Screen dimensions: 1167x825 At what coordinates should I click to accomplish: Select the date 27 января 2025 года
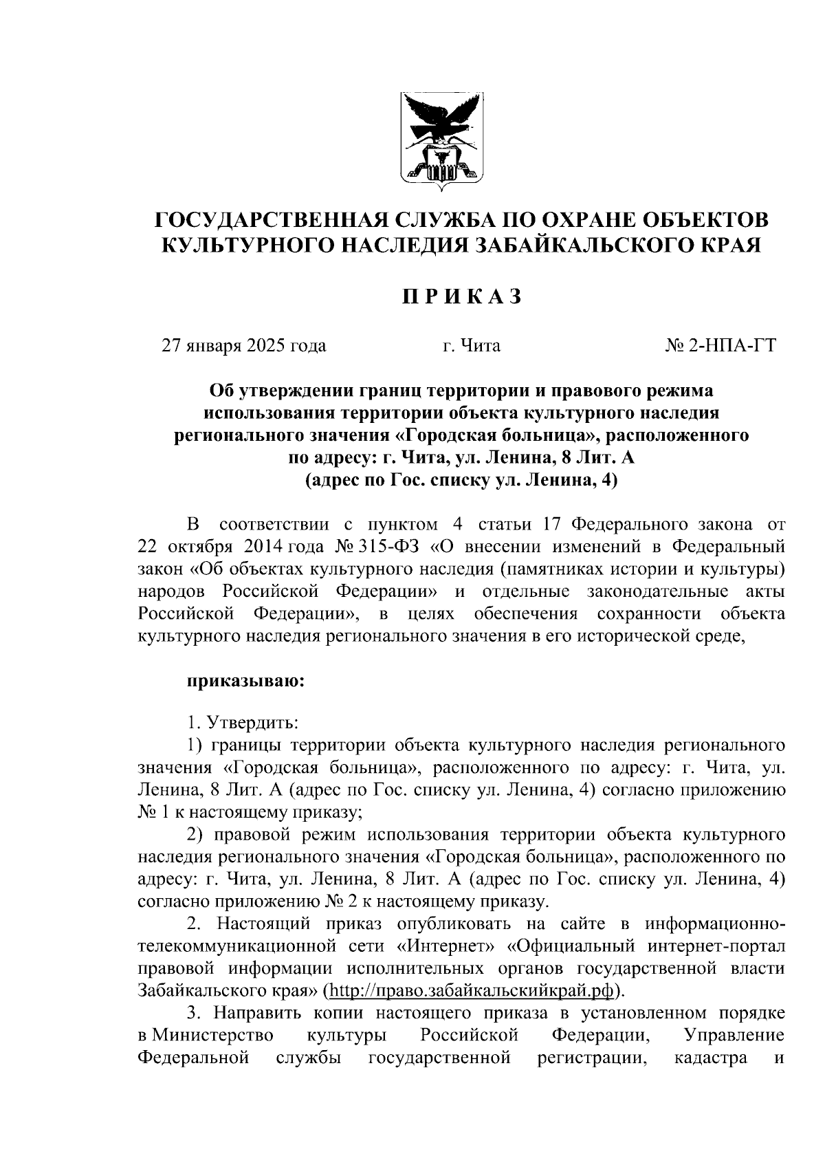[243, 345]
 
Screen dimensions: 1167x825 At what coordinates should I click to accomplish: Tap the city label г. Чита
[471, 345]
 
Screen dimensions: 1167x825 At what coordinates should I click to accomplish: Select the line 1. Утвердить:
[243, 723]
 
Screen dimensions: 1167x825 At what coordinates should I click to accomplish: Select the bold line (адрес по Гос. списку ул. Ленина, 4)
[461, 480]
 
